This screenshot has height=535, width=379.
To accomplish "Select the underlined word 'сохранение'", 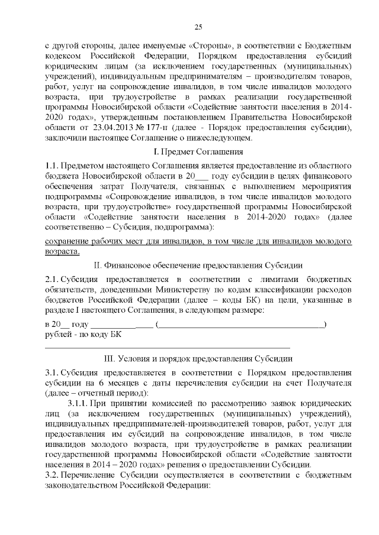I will click(67, 241).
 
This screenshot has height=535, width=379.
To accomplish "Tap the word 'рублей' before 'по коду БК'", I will click(58, 335).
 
